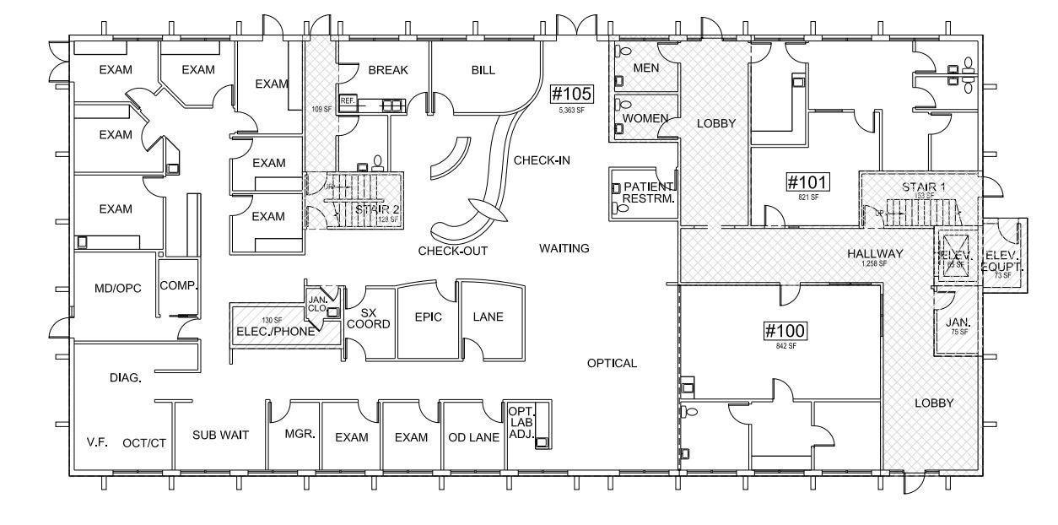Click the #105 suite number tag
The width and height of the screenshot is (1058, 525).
pos(573,93)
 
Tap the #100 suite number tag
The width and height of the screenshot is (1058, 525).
pos(785,330)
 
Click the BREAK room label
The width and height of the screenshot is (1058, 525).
pos(387,70)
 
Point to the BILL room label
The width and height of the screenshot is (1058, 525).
pos(483,70)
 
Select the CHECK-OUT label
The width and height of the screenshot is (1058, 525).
pos(452,251)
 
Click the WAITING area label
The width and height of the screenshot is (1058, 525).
pos(564,248)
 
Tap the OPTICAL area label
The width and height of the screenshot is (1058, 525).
pos(612,363)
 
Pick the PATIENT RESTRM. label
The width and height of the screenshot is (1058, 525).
pos(647,192)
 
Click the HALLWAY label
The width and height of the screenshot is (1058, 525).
pos(874,253)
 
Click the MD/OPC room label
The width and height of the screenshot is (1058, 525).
pos(117,288)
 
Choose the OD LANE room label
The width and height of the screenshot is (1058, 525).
pos(473,437)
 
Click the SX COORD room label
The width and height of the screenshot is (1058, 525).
pos(369,318)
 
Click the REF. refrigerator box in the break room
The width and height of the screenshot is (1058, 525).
pos(347,101)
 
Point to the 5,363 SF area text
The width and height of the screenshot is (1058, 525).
pos(572,110)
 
